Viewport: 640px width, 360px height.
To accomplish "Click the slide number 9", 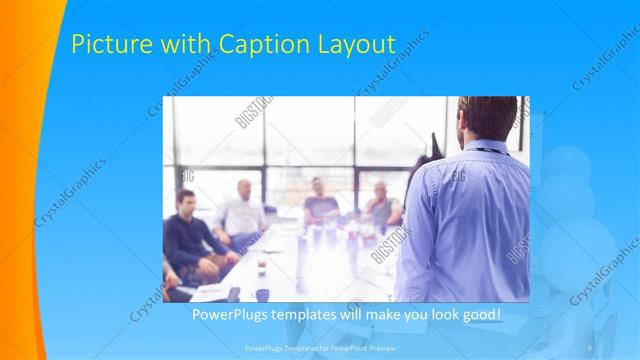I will [x=590, y=347].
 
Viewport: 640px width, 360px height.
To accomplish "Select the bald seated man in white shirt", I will [x=243, y=212].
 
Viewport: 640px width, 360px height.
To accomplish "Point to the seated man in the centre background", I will [x=320, y=203].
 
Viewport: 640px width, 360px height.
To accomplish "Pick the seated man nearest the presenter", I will [x=381, y=208].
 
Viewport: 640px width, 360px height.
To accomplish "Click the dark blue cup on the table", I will [x=262, y=294].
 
